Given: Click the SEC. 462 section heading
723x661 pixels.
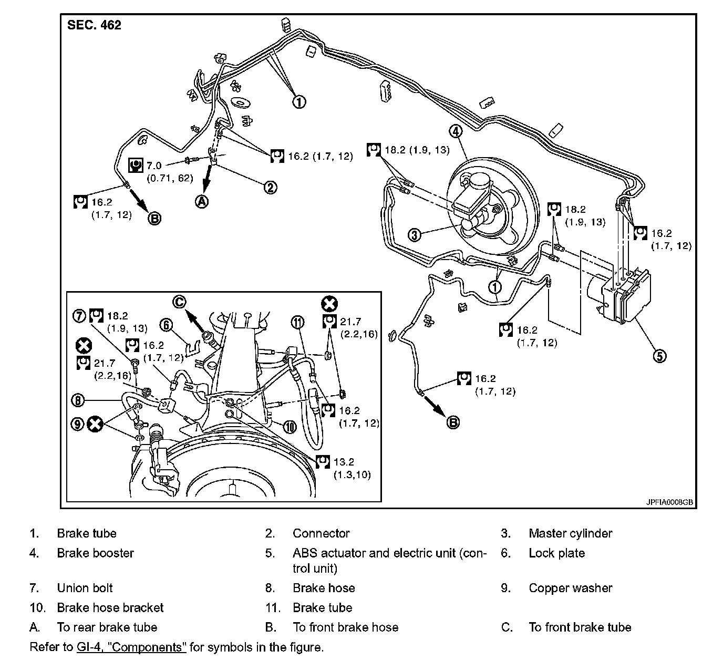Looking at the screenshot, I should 94,25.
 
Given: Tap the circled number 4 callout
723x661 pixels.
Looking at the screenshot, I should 456,131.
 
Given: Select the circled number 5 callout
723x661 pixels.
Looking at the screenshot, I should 659,356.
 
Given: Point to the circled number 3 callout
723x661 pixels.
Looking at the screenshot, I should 415,234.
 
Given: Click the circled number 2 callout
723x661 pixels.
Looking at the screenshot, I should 270,187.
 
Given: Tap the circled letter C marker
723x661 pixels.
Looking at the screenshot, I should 180,302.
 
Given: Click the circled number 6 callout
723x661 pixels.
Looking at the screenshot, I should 167,325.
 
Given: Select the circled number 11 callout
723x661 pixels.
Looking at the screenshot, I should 298,322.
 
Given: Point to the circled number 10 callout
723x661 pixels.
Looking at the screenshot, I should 290,427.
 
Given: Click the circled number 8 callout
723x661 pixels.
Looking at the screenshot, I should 78,400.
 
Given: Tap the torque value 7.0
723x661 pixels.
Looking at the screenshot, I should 154,166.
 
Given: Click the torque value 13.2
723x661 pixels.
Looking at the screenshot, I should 344,462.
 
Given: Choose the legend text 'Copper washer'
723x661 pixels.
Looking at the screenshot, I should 570,588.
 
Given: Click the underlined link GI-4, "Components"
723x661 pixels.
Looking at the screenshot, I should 130,647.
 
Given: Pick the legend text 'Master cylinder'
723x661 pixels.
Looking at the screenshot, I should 570,533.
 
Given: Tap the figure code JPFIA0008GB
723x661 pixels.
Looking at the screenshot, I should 669,502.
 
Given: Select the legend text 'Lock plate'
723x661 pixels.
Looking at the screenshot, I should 556,553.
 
